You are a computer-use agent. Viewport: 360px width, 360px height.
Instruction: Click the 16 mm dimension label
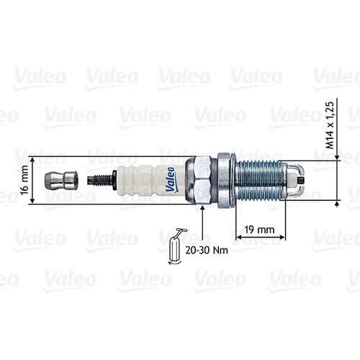tap(24, 180)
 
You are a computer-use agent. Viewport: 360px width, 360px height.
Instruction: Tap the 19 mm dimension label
tap(259, 230)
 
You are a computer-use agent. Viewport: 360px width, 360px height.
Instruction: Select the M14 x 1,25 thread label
tap(330, 125)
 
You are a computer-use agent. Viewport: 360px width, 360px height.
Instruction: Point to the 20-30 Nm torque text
tap(207, 251)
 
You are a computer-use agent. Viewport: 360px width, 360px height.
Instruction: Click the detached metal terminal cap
tap(61, 180)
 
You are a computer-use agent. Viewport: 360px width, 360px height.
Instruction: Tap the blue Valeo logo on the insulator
tap(171, 179)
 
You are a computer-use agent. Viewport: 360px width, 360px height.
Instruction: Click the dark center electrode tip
tap(301, 180)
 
